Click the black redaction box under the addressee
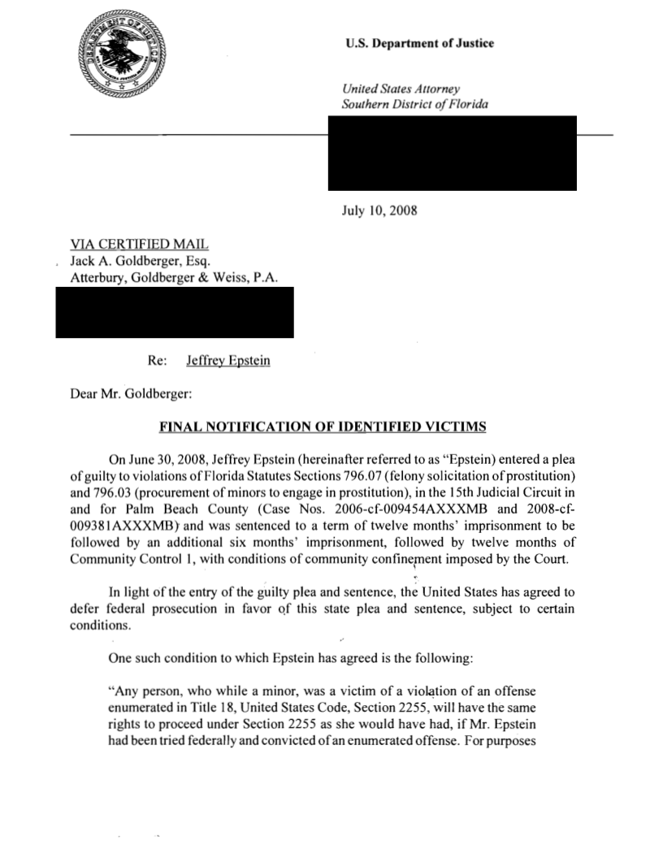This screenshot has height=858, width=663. click(174, 312)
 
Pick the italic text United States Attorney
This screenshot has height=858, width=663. click(402, 88)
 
